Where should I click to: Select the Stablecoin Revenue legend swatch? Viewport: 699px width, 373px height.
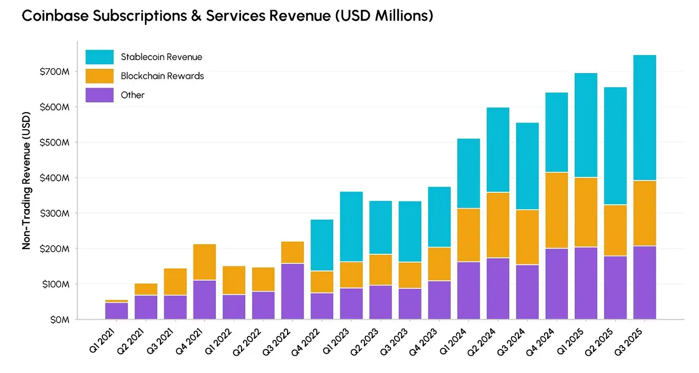tap(99, 57)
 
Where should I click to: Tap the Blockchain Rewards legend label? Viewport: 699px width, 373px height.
tap(162, 76)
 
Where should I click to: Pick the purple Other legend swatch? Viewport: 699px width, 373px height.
tap(99, 95)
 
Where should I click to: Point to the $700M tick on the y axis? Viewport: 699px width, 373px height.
tap(56, 72)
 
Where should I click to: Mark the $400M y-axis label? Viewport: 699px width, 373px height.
tap(56, 178)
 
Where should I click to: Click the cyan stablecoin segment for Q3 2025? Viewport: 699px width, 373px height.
tap(645, 118)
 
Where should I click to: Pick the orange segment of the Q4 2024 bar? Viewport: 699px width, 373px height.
tap(557, 210)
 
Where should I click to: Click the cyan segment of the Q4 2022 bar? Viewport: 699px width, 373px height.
tap(322, 245)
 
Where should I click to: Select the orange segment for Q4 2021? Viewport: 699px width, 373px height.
tap(205, 262)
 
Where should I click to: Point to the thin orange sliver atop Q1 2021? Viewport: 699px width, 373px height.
tap(117, 301)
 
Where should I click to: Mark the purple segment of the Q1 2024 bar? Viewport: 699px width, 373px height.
tap(469, 290)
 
